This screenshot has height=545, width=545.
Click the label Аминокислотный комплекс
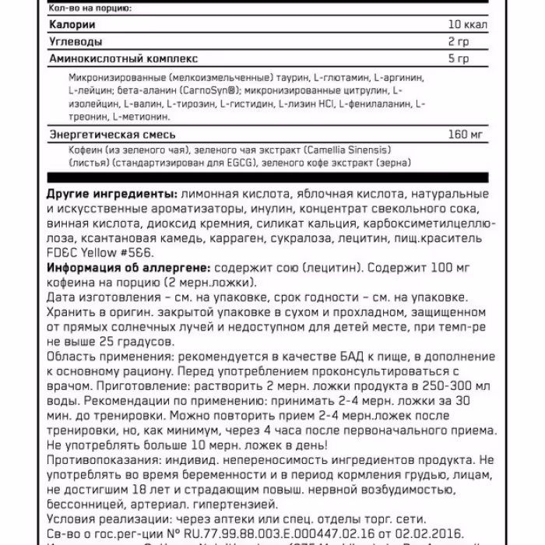pyautogui.click(x=122, y=58)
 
